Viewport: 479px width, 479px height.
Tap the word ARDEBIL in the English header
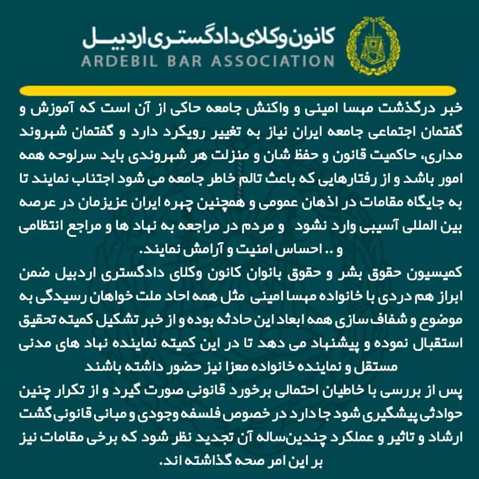point(121,60)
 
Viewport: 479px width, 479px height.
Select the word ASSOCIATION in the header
point(272,60)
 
